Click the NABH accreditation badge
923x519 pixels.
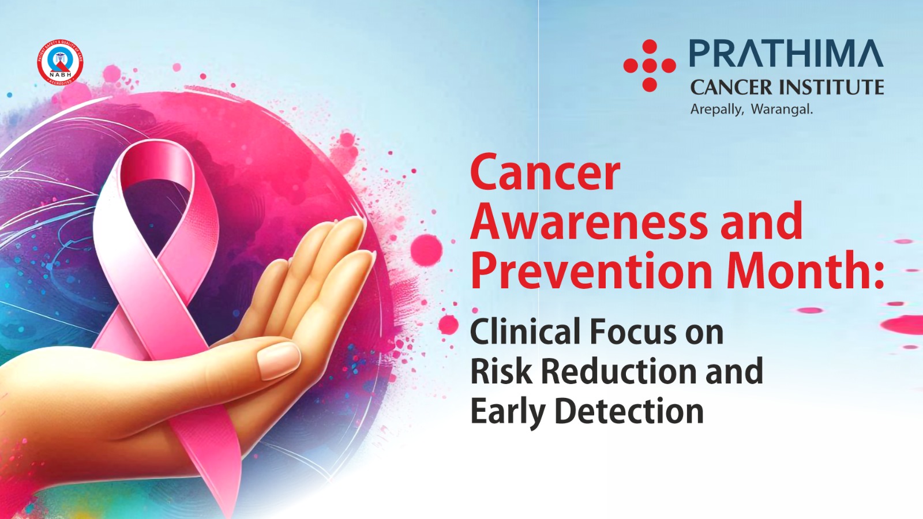tap(60, 63)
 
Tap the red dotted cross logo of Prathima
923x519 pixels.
tap(650, 66)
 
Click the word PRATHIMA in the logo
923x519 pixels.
tap(786, 54)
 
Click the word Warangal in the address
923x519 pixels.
tap(782, 110)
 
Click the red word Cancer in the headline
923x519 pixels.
tap(545, 173)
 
